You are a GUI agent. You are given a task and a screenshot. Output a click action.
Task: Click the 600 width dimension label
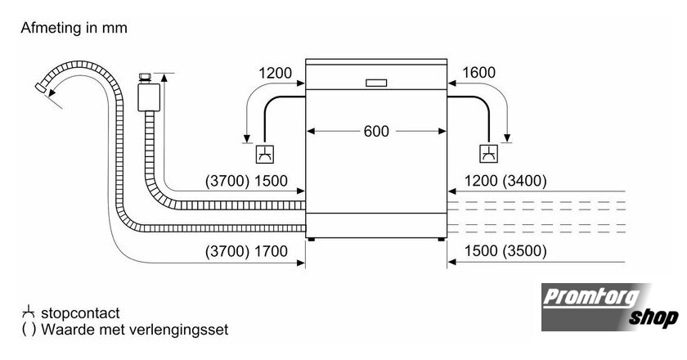(376, 131)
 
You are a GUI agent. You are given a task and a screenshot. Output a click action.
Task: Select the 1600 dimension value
(478, 72)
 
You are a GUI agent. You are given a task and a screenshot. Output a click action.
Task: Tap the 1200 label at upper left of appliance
(275, 73)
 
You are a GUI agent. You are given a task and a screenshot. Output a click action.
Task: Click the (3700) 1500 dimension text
(246, 181)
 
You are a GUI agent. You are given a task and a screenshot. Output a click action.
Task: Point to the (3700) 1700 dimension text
(246, 251)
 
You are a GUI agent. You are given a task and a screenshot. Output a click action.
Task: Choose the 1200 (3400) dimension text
(505, 180)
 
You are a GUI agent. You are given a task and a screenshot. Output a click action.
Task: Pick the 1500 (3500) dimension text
(505, 251)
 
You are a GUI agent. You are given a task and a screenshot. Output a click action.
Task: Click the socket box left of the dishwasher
(265, 154)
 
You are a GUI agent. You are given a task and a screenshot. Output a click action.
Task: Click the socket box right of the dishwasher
(488, 154)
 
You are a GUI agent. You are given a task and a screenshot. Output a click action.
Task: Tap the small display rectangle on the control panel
(376, 83)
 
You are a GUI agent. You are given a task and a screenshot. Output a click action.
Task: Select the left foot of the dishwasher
(311, 240)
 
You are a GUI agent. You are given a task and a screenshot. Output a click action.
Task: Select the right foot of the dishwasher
(441, 240)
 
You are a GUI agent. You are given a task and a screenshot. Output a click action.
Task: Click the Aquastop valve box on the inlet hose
(149, 97)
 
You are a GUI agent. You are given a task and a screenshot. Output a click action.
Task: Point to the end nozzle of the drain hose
(41, 88)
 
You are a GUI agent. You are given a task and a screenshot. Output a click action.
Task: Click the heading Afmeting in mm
(74, 28)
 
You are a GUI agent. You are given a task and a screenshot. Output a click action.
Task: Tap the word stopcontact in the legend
(80, 313)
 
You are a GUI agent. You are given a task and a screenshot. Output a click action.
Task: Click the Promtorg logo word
(590, 298)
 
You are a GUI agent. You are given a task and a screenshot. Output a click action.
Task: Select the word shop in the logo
(653, 317)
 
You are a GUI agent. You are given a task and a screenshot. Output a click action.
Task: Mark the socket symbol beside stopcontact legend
(28, 312)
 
